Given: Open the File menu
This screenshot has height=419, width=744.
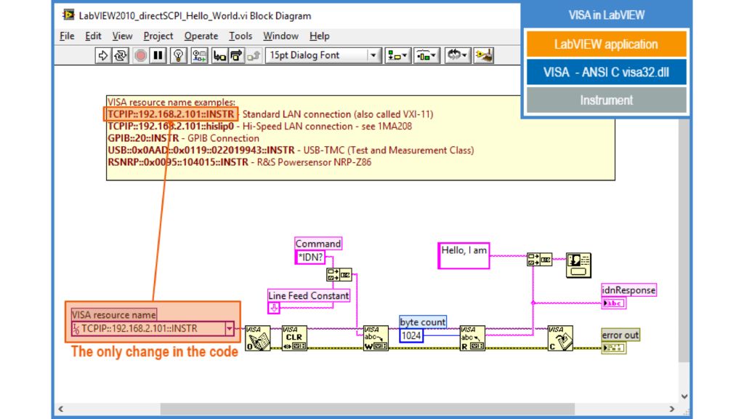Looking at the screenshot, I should point(67,36).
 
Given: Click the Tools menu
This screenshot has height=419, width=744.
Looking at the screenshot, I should point(240,36).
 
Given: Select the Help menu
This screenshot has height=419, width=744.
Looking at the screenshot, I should point(319,36).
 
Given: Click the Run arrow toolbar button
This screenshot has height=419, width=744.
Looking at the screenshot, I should point(103,55).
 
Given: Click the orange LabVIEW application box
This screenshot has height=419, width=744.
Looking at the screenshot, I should point(605,44).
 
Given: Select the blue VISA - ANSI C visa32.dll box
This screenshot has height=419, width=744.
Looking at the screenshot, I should point(605,72).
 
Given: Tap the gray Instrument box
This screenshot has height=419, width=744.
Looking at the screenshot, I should point(605,100).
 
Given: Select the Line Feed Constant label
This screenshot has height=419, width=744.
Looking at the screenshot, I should point(309,295).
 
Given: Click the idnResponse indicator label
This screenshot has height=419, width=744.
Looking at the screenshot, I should point(628,290).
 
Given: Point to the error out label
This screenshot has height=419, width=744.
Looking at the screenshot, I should point(620,335).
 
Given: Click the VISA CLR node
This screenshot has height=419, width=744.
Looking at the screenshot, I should point(294,338).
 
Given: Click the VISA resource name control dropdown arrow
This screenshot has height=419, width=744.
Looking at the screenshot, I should point(230,329).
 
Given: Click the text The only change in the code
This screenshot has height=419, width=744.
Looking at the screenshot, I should point(154,352).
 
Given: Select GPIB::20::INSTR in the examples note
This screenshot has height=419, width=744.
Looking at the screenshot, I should point(143,138).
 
